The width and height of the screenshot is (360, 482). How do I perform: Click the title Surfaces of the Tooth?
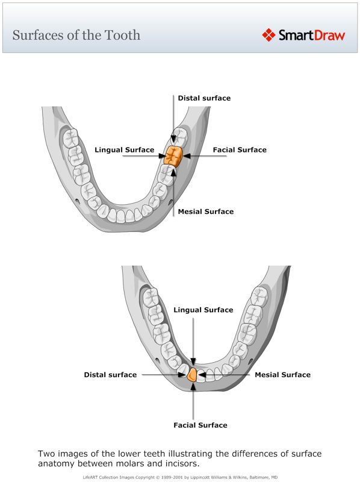(76, 34)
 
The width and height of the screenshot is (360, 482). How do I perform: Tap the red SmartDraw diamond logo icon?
(268, 35)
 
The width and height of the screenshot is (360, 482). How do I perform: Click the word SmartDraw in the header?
(311, 35)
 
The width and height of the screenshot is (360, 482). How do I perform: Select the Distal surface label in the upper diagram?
(204, 98)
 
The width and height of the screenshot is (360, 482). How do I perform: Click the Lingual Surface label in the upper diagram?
(125, 149)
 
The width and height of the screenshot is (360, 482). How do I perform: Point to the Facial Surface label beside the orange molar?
(240, 149)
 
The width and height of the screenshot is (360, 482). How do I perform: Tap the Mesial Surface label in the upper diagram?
(206, 211)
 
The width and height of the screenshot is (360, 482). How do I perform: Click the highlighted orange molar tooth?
(174, 155)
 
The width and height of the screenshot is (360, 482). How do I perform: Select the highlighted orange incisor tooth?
(192, 375)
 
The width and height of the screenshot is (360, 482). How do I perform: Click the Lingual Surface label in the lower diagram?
(203, 310)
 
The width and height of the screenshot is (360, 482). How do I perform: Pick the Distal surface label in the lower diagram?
(110, 375)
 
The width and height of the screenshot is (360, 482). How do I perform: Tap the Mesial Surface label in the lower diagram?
(283, 375)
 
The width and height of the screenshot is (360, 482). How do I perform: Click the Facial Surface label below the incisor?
(200, 425)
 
